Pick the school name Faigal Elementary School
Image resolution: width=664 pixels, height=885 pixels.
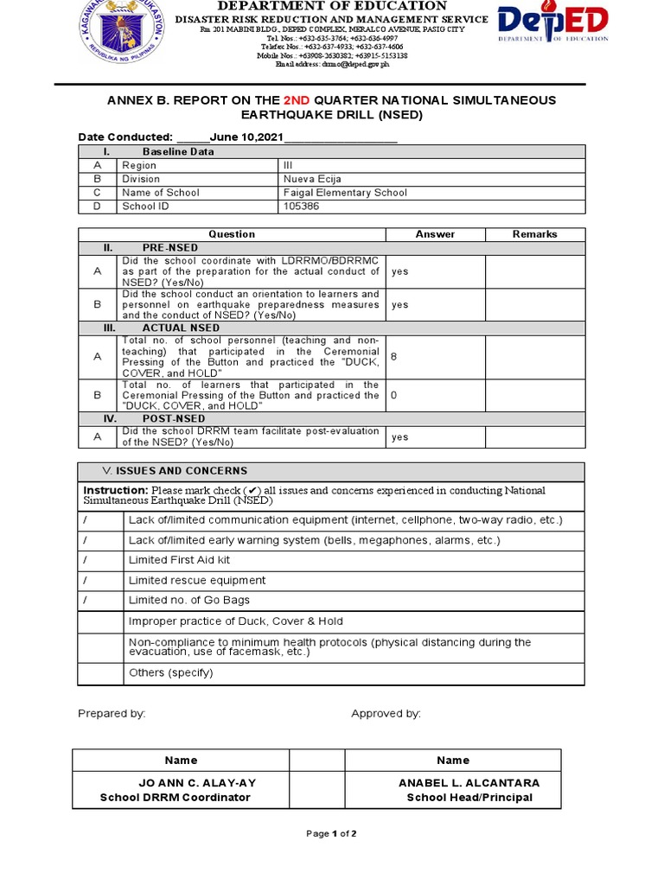(345, 193)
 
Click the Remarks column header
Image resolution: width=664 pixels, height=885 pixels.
(534, 234)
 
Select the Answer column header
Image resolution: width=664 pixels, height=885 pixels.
(435, 234)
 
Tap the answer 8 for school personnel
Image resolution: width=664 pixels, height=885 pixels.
(394, 357)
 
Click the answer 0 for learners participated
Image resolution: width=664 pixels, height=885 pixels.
(394, 395)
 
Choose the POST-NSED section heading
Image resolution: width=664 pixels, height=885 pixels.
(174, 418)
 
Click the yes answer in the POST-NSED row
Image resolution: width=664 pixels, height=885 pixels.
(399, 437)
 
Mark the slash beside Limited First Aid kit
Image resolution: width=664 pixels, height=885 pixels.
(85, 560)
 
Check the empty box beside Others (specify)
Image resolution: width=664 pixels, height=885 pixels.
(100, 672)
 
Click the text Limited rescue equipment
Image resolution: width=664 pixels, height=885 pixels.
(197, 581)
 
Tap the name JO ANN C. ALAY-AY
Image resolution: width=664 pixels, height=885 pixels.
(198, 783)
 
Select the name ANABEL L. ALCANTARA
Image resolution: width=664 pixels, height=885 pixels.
(469, 783)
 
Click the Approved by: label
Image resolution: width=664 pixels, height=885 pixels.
(386, 714)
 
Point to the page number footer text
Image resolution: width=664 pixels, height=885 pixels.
(332, 834)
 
